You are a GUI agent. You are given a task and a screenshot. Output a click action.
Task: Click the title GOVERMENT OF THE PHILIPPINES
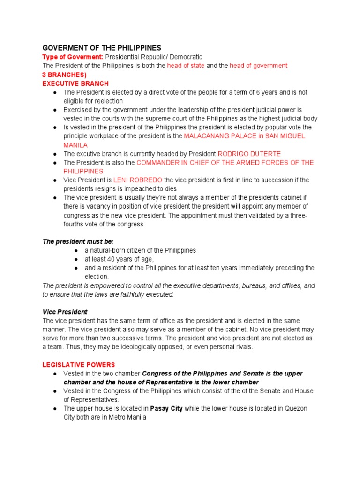[x=102, y=48]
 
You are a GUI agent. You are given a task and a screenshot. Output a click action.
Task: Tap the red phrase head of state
[x=186, y=66]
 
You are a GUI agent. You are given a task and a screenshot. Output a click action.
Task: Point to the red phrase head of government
[x=258, y=66]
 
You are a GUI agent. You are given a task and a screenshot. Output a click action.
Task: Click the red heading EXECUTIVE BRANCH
[x=75, y=83]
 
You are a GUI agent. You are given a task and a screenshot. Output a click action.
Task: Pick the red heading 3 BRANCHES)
[x=65, y=75]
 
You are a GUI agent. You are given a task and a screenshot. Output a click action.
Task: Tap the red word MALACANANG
[x=207, y=136]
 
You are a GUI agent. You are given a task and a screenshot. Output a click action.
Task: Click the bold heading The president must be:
[x=75, y=241]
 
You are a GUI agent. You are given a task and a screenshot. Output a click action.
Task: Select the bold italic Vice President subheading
[x=65, y=312]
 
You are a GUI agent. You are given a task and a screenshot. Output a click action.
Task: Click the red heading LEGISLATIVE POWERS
[x=79, y=364]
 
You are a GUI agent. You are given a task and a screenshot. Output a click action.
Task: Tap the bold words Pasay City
[x=166, y=408]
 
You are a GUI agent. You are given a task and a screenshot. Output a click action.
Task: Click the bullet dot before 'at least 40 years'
[x=76, y=259]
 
